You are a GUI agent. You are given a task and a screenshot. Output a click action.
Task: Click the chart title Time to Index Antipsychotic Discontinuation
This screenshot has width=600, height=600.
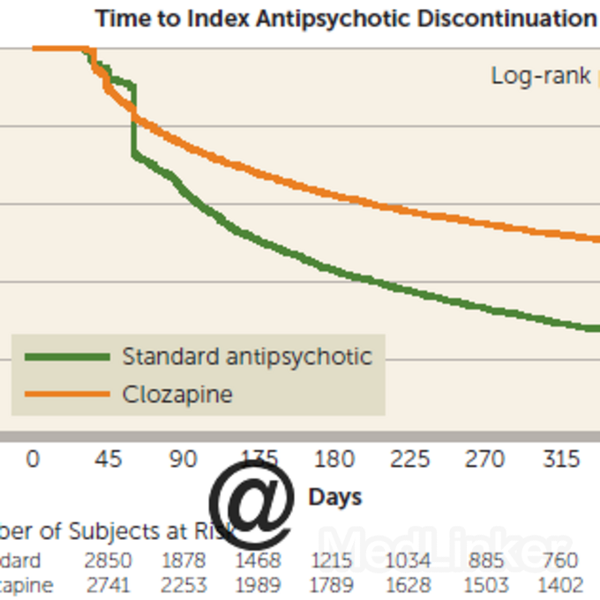[345, 19]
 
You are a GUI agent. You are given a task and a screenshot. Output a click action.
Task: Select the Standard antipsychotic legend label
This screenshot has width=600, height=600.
[247, 356]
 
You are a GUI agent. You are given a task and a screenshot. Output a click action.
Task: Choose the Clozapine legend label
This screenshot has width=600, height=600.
[177, 394]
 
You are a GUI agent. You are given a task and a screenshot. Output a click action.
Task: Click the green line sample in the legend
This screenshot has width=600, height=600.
[67, 356]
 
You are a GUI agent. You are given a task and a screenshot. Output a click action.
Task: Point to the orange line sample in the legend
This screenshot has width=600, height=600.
[67, 394]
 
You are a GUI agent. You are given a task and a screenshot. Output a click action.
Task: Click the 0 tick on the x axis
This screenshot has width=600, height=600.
[34, 460]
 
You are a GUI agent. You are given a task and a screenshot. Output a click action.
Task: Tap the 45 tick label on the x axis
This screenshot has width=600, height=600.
[109, 460]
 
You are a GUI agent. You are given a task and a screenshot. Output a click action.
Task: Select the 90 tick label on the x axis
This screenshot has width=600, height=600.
[184, 460]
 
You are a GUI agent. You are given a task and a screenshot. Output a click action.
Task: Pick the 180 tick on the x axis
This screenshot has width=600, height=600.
[334, 460]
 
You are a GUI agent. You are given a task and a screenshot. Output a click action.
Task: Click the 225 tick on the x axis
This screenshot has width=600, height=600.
[410, 460]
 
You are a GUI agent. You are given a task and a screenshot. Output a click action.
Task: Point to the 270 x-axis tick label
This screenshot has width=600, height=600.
[485, 460]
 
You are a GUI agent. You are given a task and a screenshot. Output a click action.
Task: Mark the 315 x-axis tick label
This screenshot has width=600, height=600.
[561, 460]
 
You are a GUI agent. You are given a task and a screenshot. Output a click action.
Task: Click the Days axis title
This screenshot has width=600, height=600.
[335, 498]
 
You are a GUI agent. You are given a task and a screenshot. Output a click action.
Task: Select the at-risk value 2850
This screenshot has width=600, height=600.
[109, 561]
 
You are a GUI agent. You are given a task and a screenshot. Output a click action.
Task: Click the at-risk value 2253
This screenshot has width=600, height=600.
[184, 585]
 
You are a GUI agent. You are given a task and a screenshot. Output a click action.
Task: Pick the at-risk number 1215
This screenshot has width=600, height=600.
[334, 561]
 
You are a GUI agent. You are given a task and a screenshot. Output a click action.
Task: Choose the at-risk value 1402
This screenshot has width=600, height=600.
[560, 585]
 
